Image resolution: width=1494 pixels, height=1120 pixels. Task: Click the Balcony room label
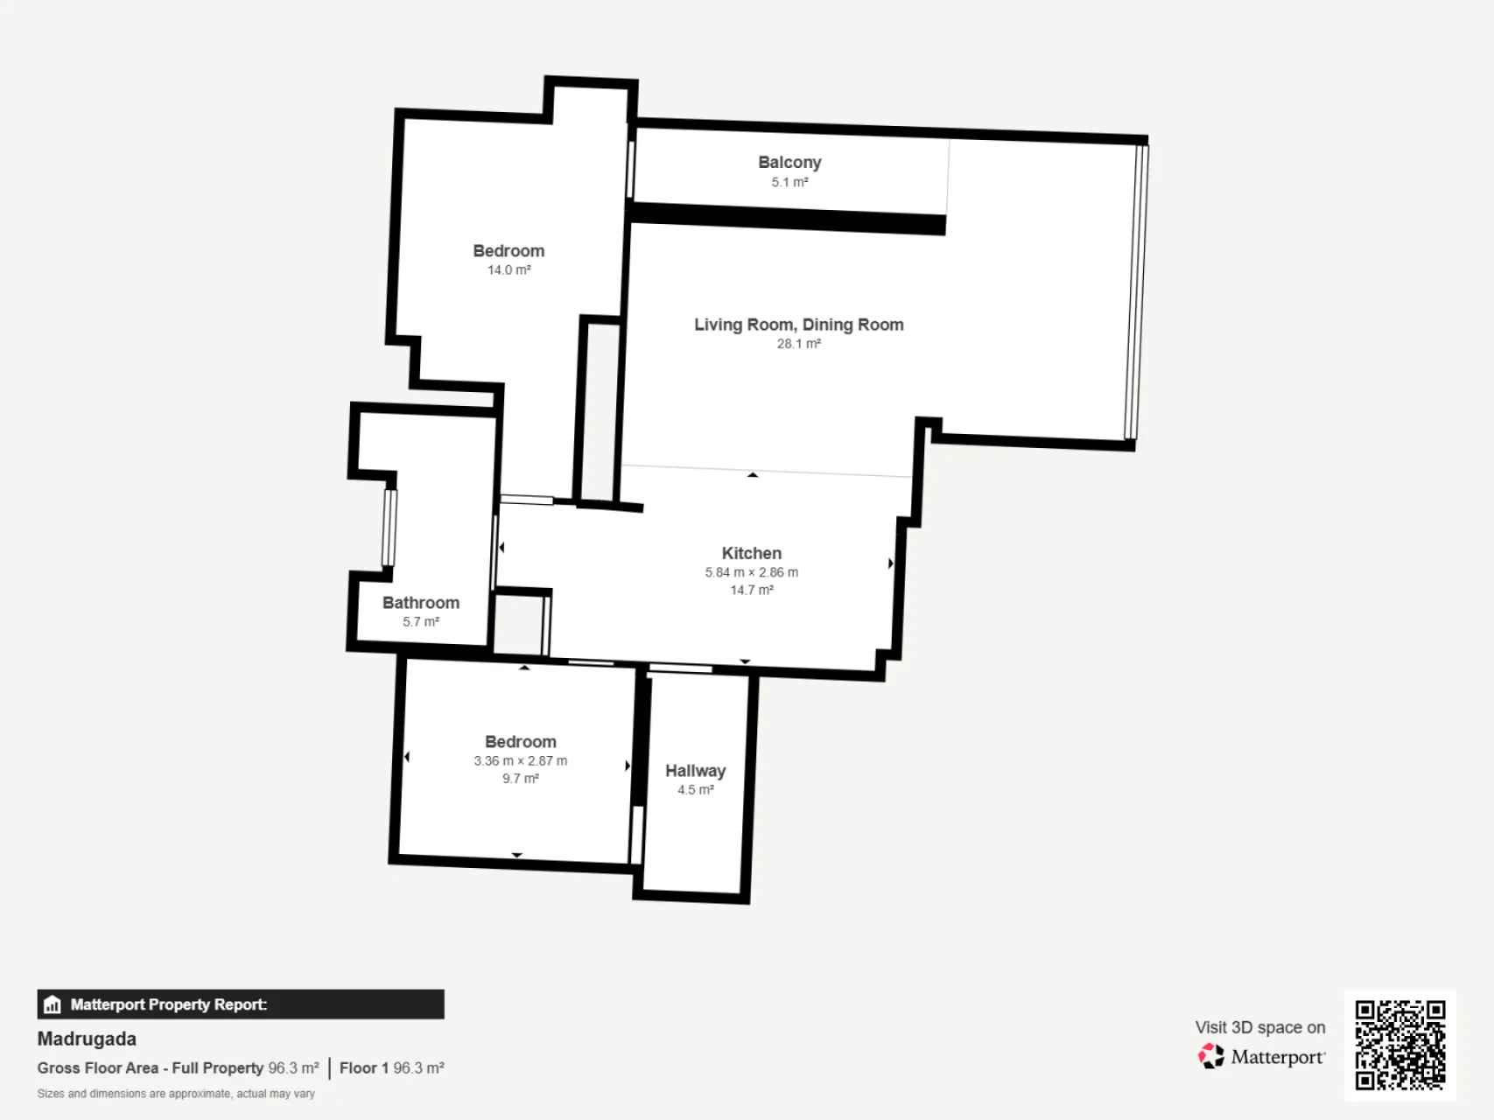coord(789,162)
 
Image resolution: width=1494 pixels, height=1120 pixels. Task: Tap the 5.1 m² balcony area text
coord(789,182)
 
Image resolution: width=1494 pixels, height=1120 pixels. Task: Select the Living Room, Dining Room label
coord(799,325)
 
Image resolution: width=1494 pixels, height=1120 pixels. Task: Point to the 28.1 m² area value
coord(799,344)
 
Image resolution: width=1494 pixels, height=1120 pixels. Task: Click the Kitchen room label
coord(752,553)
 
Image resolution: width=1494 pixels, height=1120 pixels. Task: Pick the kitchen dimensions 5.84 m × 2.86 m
coord(752,572)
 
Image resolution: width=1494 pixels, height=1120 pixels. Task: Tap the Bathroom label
coord(421,603)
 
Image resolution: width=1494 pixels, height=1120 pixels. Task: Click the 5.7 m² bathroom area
coord(421,622)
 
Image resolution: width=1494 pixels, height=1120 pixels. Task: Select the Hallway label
coord(696,771)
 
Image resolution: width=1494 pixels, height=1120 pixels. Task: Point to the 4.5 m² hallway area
coord(696,790)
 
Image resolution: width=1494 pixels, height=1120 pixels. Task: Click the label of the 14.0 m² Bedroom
coord(509,251)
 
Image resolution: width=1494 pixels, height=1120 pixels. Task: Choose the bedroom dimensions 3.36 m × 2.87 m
coord(521,761)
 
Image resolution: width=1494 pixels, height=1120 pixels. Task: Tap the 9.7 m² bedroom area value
coord(521,779)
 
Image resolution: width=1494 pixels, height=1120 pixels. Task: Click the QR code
coord(1400,1046)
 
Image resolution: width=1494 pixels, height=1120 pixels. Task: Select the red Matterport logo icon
coord(1211,1056)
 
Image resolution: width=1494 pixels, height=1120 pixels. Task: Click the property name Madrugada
coord(87,1039)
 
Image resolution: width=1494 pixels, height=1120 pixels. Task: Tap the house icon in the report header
coord(53,1004)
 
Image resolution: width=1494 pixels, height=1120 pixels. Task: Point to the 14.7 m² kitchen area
coord(752,591)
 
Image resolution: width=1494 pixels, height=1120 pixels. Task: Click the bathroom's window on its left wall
coord(389,528)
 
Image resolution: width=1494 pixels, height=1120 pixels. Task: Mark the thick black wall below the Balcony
coord(788,218)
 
